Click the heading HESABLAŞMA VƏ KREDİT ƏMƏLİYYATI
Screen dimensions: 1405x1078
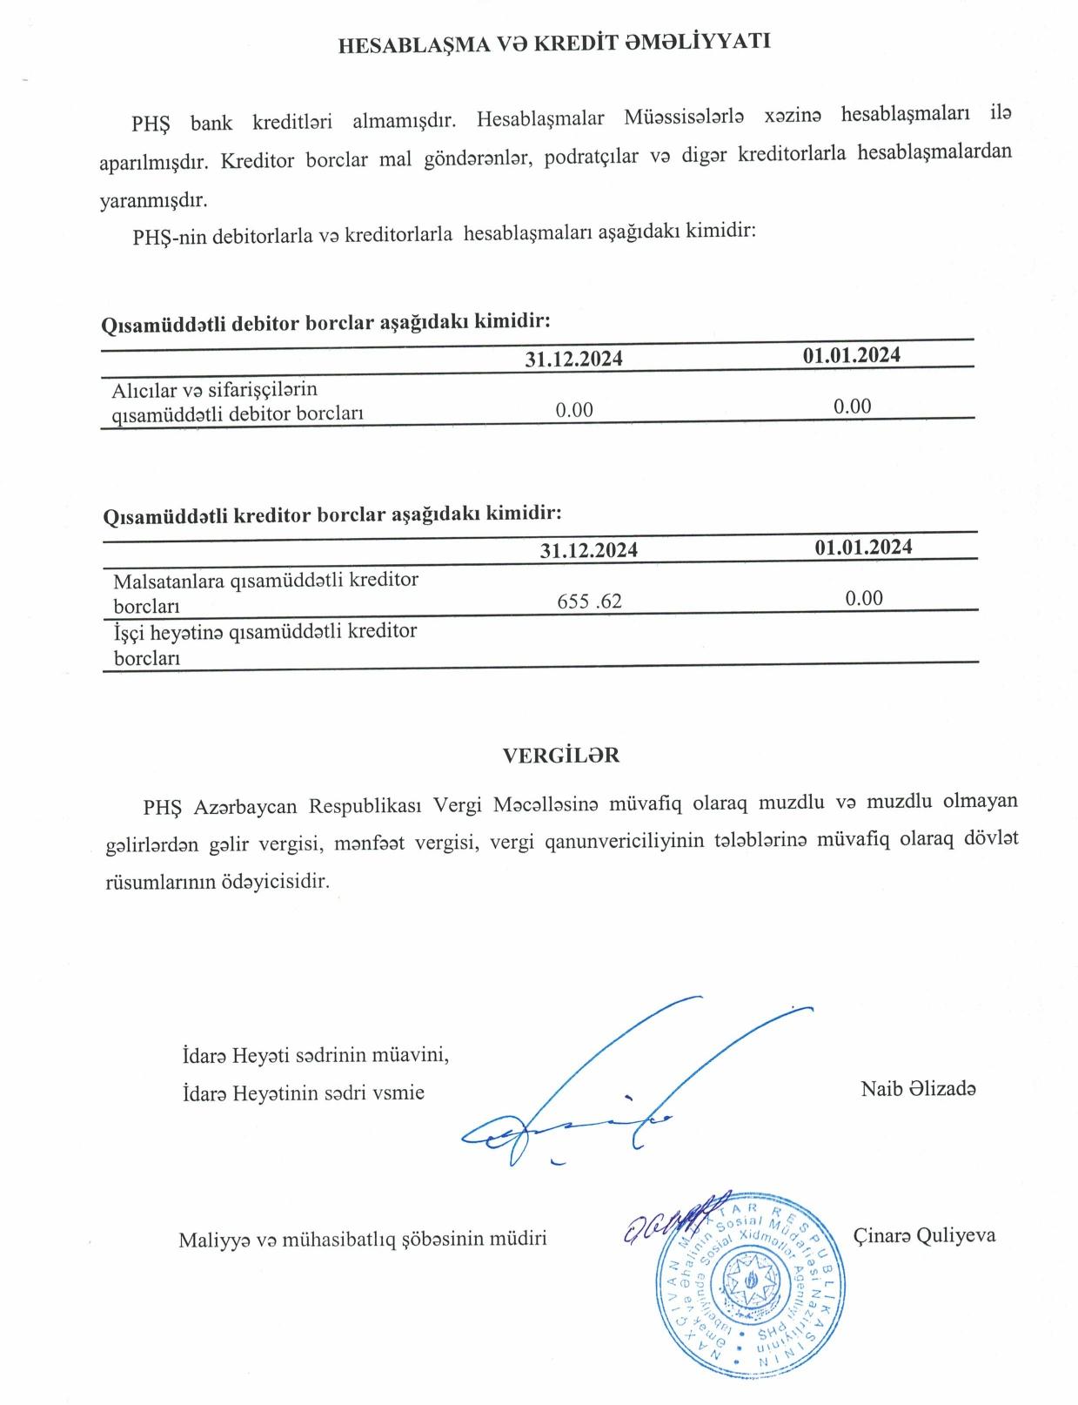554,44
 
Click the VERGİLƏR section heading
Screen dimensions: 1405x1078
561,756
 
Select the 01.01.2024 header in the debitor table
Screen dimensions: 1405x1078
851,355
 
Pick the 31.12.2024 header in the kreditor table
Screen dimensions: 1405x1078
588,550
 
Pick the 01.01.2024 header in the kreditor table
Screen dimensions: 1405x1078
863,547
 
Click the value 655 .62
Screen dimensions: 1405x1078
589,601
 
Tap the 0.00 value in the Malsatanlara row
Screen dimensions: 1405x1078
864,598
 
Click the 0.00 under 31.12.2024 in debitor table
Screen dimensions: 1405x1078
574,410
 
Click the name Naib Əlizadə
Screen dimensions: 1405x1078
918,1088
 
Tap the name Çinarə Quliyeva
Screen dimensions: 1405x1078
924,1235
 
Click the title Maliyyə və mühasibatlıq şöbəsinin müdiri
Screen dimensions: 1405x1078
362,1239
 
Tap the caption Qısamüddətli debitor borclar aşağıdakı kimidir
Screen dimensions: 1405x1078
325,323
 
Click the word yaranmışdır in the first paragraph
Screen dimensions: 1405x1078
153,199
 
